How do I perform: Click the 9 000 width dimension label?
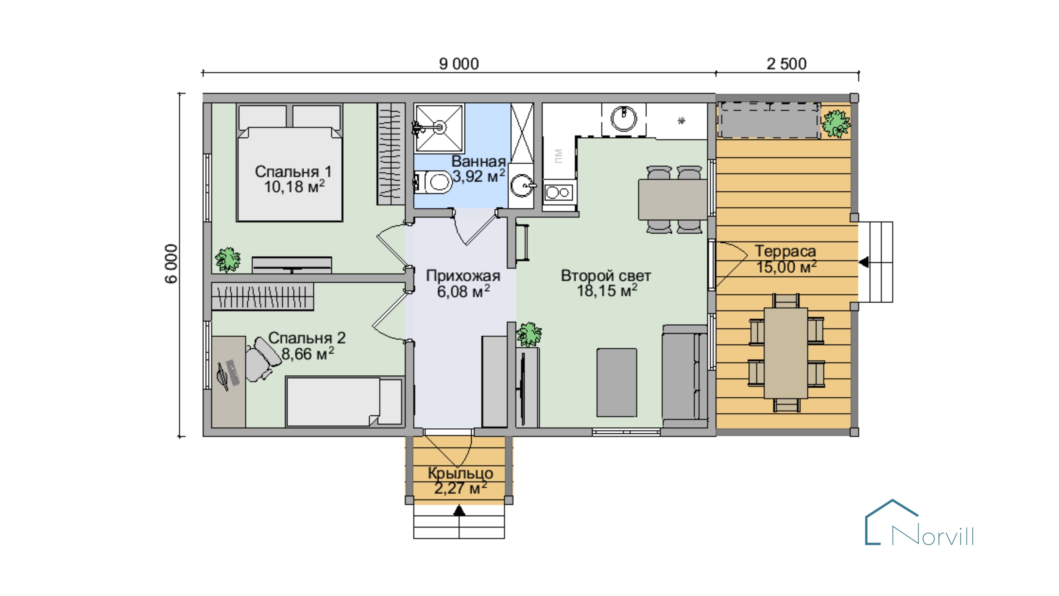click(459, 64)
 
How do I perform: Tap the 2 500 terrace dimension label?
click(787, 64)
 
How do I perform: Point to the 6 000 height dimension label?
click(172, 264)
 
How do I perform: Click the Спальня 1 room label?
click(293, 172)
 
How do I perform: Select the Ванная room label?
click(478, 161)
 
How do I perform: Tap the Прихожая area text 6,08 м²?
click(463, 291)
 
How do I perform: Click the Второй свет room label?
click(606, 276)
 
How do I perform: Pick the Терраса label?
click(785, 251)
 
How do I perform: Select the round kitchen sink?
click(624, 118)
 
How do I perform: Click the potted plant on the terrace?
click(836, 123)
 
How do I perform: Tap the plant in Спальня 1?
click(227, 260)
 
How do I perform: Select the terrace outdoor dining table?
click(786, 353)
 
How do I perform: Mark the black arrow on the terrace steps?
click(864, 262)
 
